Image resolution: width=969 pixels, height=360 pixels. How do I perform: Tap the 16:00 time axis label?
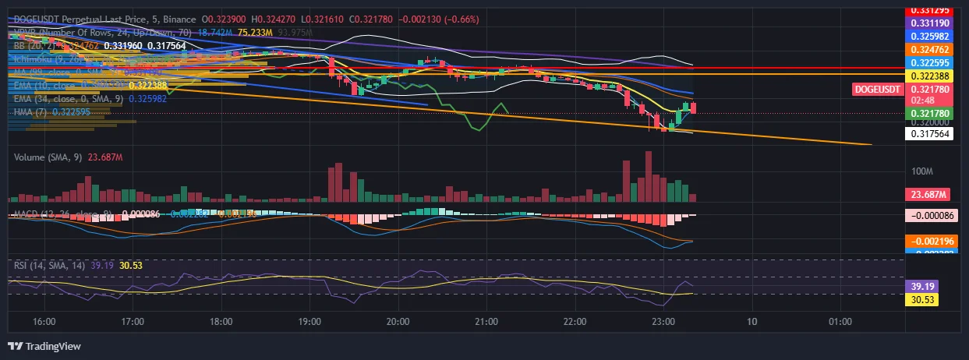pos(44,321)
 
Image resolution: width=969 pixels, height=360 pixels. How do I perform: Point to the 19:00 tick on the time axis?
pos(309,321)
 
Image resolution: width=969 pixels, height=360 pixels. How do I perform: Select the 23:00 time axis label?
pos(663,321)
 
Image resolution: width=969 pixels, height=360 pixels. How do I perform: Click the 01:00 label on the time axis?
pos(839,321)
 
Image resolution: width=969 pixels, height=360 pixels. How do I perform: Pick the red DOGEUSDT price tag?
pos(878,90)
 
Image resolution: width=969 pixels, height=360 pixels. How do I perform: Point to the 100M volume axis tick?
pos(922,171)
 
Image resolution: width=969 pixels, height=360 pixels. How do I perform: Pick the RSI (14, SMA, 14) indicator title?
pos(50,265)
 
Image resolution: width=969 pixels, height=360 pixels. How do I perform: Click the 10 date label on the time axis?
pos(751,321)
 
